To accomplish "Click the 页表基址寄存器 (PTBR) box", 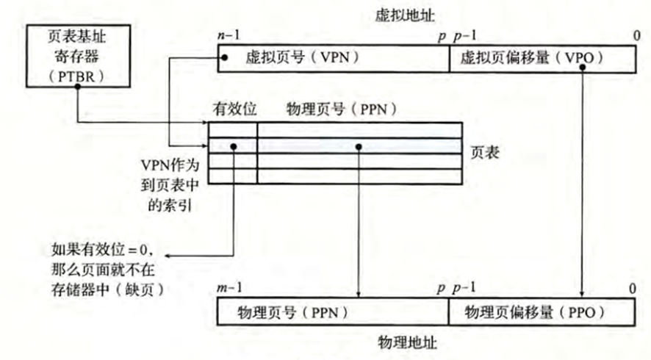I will coord(76,55).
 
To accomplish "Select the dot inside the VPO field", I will coord(582,67).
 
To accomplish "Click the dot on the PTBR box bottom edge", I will coord(76,86).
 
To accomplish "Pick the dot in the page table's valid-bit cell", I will coord(233,146).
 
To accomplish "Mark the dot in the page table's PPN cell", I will coord(358,146).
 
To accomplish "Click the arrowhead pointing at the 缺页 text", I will coord(167,256).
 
